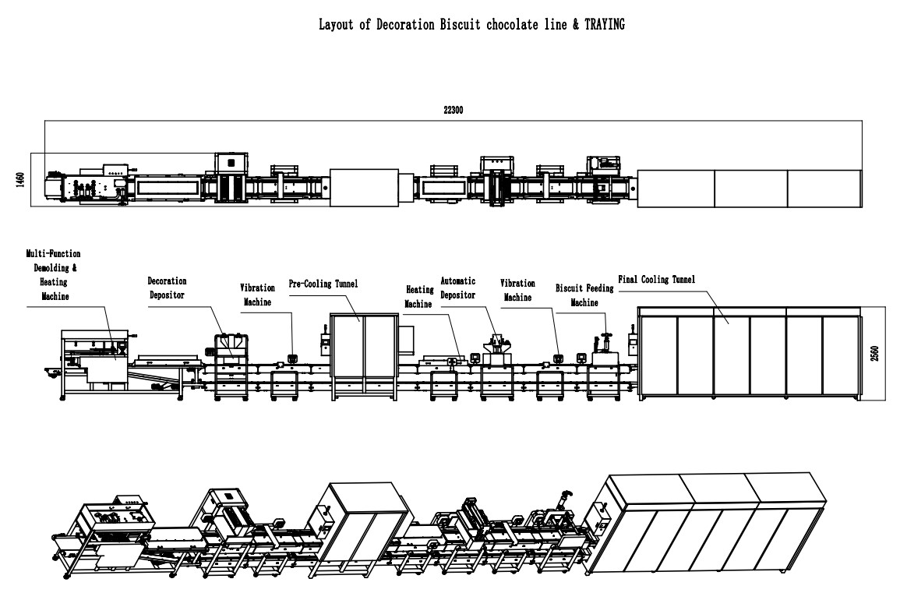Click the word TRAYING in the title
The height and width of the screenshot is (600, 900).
[x=602, y=25]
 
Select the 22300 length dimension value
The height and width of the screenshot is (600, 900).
[x=453, y=111]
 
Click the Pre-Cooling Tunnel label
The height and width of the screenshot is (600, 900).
[x=323, y=284]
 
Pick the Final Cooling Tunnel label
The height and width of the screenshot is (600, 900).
[x=656, y=278]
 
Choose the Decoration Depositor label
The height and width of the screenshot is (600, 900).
[x=168, y=288]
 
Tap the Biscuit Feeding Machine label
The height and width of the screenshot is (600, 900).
[x=584, y=295]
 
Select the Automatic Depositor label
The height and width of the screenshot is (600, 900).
[x=458, y=288]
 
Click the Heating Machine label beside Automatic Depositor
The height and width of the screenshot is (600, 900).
[x=418, y=297]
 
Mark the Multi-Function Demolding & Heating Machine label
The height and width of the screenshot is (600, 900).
[x=53, y=275]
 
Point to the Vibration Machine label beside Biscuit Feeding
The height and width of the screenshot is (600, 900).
[x=517, y=291]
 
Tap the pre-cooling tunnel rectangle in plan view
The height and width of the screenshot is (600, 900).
[x=364, y=189]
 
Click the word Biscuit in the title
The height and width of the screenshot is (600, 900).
[x=448, y=25]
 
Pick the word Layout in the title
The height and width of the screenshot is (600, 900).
[x=336, y=25]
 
